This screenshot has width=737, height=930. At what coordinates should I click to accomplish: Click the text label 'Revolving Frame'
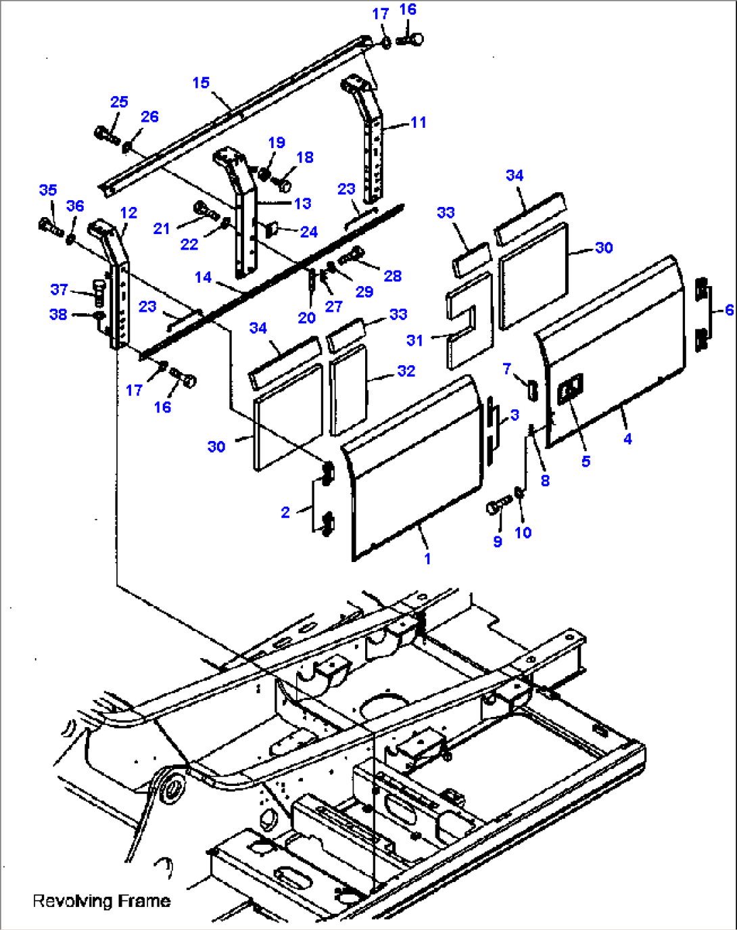[x=101, y=901]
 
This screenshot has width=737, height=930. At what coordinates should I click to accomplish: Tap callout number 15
[x=201, y=83]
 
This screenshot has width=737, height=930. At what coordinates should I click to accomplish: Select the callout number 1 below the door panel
[x=427, y=559]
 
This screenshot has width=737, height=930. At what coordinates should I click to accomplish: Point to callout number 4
[x=627, y=439]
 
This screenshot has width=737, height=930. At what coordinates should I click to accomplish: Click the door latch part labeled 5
[x=569, y=390]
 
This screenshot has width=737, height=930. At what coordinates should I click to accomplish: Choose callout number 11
[x=419, y=122]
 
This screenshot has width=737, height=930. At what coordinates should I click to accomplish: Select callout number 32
[x=406, y=371]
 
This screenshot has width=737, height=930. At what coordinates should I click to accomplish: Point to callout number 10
[x=523, y=532]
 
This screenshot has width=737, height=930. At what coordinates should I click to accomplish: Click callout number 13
[x=302, y=203]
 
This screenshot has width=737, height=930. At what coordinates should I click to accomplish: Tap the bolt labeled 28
[x=350, y=256]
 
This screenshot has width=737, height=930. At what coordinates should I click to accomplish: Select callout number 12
[x=128, y=212]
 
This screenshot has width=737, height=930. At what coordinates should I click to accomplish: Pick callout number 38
[x=58, y=315]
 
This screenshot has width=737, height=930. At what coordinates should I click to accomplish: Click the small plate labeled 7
[x=531, y=390]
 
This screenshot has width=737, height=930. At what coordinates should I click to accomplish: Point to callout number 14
[x=203, y=277]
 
